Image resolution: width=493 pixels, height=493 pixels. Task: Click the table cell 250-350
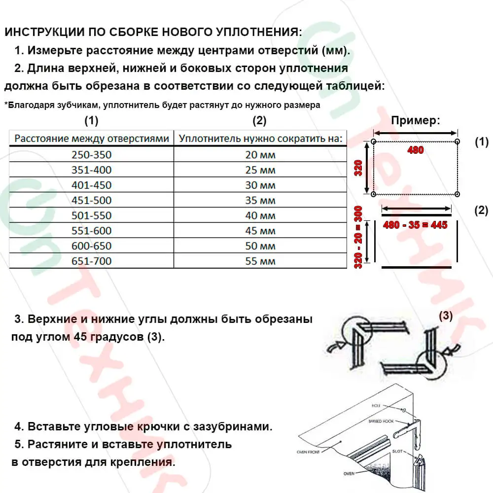91,155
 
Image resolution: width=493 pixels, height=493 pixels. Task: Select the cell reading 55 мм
260,261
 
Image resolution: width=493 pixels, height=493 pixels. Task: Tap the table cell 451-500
91,200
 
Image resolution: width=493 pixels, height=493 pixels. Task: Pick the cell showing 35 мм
260,201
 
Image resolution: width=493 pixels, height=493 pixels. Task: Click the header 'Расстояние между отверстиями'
92,139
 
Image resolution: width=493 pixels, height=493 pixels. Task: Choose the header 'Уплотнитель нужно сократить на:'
260,139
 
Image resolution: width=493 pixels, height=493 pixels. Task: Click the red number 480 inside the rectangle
415,150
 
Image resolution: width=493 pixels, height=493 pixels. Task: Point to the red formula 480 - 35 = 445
415,224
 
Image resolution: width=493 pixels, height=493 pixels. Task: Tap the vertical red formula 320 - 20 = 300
359,237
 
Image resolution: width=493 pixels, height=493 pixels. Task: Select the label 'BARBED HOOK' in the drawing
380,422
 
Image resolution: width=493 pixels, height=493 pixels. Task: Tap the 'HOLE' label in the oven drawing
377,405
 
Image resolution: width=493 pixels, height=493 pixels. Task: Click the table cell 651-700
91,261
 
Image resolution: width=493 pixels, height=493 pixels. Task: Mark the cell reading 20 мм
260,155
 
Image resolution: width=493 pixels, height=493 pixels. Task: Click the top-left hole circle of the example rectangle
373,142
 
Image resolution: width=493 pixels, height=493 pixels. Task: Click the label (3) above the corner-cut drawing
445,316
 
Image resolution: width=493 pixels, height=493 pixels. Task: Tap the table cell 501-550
91,215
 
